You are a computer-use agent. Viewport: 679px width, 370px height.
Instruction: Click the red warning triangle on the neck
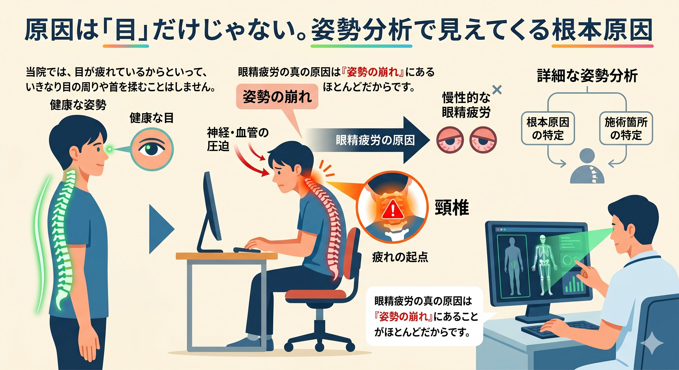pyautogui.click(x=393, y=209)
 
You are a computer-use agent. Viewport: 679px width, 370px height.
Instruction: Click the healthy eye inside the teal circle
pyautogui.click(x=152, y=149)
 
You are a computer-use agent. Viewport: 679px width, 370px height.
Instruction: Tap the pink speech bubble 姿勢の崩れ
pyautogui.click(x=277, y=97)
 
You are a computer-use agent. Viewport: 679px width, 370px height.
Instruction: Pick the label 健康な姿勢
pyautogui.click(x=78, y=105)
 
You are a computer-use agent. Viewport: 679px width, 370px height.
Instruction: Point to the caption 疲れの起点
pyautogui.click(x=400, y=257)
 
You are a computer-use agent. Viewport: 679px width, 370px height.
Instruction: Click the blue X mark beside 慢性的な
pyautogui.click(x=497, y=90)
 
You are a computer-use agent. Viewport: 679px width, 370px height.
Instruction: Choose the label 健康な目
pyautogui.click(x=152, y=118)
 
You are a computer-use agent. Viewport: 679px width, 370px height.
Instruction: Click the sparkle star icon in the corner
pyautogui.click(x=652, y=343)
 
